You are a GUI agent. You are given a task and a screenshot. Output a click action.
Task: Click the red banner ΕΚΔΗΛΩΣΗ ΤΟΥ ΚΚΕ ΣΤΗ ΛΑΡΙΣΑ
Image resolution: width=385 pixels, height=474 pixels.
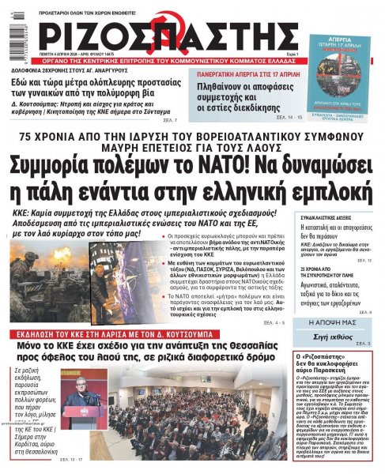tap(138, 334)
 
